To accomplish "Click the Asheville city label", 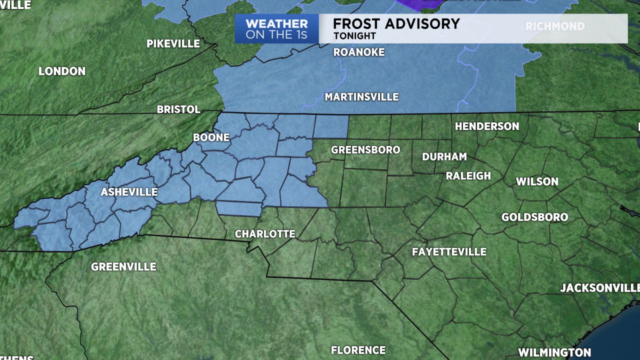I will tap(129, 192).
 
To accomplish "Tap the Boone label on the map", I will tap(211, 137).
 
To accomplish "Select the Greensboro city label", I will tap(365, 149).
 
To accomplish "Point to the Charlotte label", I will tap(265, 233).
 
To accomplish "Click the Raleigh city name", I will tap(468, 175).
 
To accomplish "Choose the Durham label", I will tap(444, 156).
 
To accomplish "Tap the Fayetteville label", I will tap(449, 251).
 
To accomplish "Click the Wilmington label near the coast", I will tap(554, 352).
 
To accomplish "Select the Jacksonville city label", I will tap(599, 287).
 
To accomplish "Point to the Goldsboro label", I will tap(534, 217).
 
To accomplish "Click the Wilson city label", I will tap(537, 181).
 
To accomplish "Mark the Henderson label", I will tap(487, 126).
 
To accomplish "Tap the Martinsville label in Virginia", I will tap(361, 97).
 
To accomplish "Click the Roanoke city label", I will tap(359, 52).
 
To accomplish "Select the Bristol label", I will tap(178, 109).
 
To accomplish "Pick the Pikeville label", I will tap(173, 43).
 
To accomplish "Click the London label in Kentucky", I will tap(62, 71).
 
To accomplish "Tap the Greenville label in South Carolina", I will tap(123, 266).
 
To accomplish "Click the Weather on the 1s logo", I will tap(276, 29).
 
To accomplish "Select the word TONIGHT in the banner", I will tap(354, 36).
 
